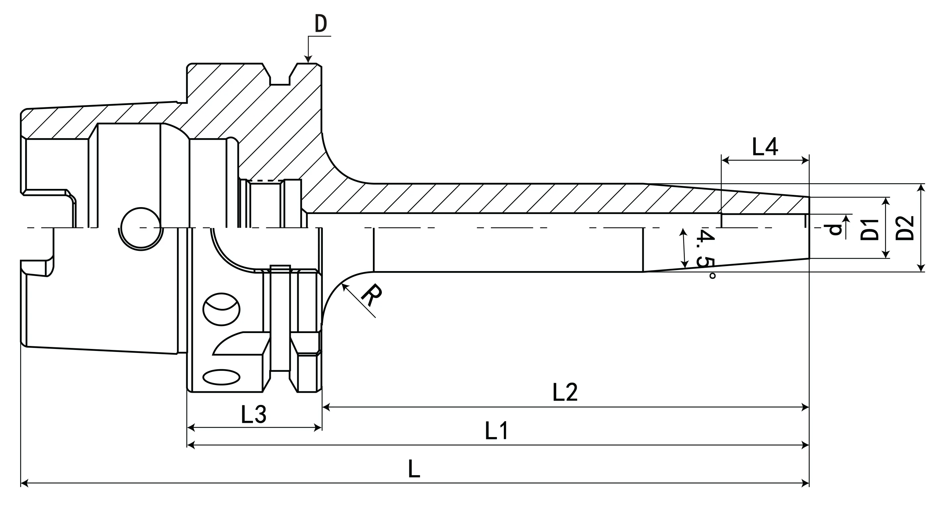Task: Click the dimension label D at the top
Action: click(x=321, y=24)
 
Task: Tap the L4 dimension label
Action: click(x=765, y=147)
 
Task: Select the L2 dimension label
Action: click(x=565, y=392)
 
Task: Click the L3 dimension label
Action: click(x=254, y=415)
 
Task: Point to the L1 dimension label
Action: click(x=497, y=430)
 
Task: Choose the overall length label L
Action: click(x=414, y=469)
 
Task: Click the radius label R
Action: click(x=371, y=295)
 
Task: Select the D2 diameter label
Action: click(x=905, y=228)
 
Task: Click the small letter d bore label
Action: click(x=835, y=229)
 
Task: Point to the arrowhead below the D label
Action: click(x=308, y=59)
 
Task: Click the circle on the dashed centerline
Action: click(x=141, y=228)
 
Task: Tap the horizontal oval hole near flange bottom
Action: click(x=221, y=377)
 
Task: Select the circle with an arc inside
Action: click(x=221, y=309)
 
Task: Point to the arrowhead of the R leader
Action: click(x=344, y=287)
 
